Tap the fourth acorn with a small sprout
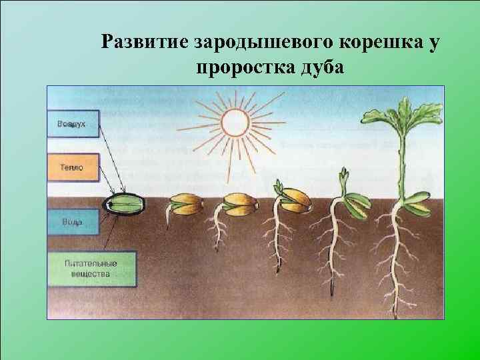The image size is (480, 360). [x=293, y=197]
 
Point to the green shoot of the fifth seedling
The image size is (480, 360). [x=343, y=183]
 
